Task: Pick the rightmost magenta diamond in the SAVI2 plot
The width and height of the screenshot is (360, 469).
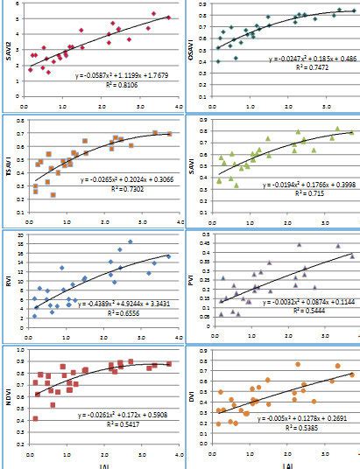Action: [169, 17]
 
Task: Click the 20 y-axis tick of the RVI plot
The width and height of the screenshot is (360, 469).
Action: [19, 235]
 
